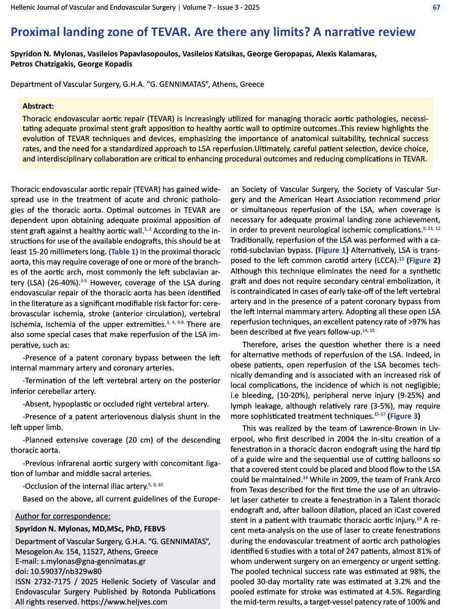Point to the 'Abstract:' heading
click(39, 106)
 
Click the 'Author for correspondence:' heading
click(63, 516)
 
